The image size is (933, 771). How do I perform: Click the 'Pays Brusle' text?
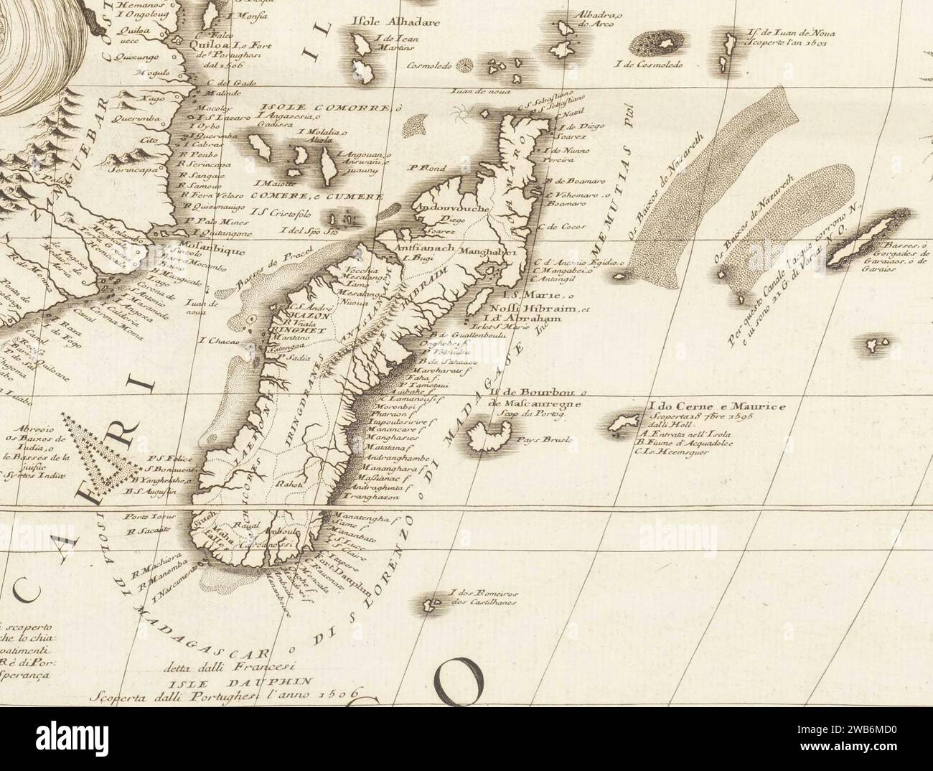(547, 439)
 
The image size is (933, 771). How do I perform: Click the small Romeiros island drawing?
(433, 602)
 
